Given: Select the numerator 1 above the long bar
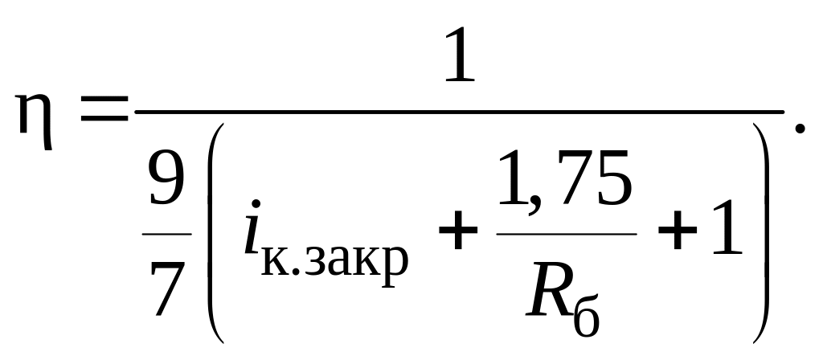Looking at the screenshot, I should [x=460, y=59].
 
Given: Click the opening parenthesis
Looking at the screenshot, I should [x=212, y=233].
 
